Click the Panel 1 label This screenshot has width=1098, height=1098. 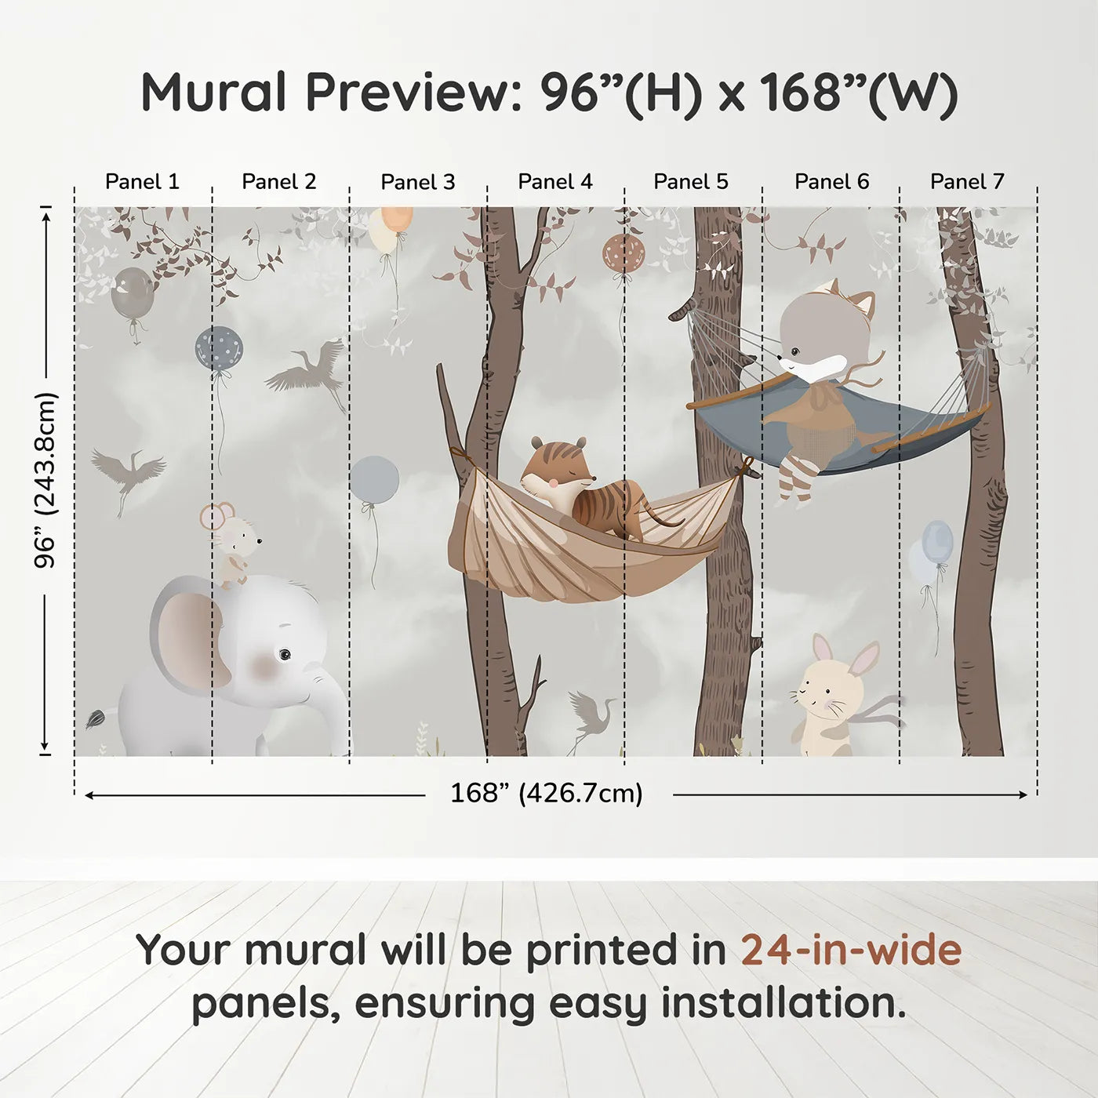pyautogui.click(x=142, y=182)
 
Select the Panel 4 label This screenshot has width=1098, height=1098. pyautogui.click(x=555, y=182)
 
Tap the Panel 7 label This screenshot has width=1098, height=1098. pyautogui.click(x=967, y=182)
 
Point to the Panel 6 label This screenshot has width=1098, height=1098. pyautogui.click(x=831, y=182)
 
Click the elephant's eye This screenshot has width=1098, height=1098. pyautogui.click(x=284, y=653)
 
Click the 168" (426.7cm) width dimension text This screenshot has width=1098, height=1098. pyautogui.click(x=547, y=794)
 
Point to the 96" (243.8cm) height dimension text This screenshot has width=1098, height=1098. pyautogui.click(x=46, y=480)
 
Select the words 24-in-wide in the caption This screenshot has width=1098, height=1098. pyautogui.click(x=851, y=951)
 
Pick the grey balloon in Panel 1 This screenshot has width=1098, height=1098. pyautogui.click(x=132, y=293)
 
